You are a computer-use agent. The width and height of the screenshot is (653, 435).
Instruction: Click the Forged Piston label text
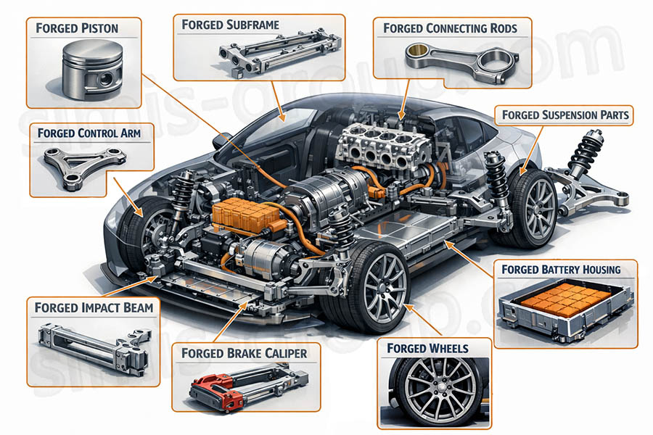pyautogui.click(x=77, y=29)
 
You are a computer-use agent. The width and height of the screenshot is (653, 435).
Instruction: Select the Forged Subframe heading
pyautogui.click(x=230, y=25)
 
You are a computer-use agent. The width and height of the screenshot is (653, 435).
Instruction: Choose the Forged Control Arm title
pyautogui.click(x=89, y=133)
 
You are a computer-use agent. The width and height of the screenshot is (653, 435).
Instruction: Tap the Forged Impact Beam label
pyautogui.click(x=94, y=307)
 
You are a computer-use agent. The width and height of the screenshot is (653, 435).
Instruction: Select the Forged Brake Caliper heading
pyautogui.click(x=239, y=353)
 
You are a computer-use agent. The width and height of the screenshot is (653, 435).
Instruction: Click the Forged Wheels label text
pyautogui.click(x=427, y=348)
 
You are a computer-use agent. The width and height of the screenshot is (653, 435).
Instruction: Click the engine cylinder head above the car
pyautogui.click(x=377, y=145)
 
